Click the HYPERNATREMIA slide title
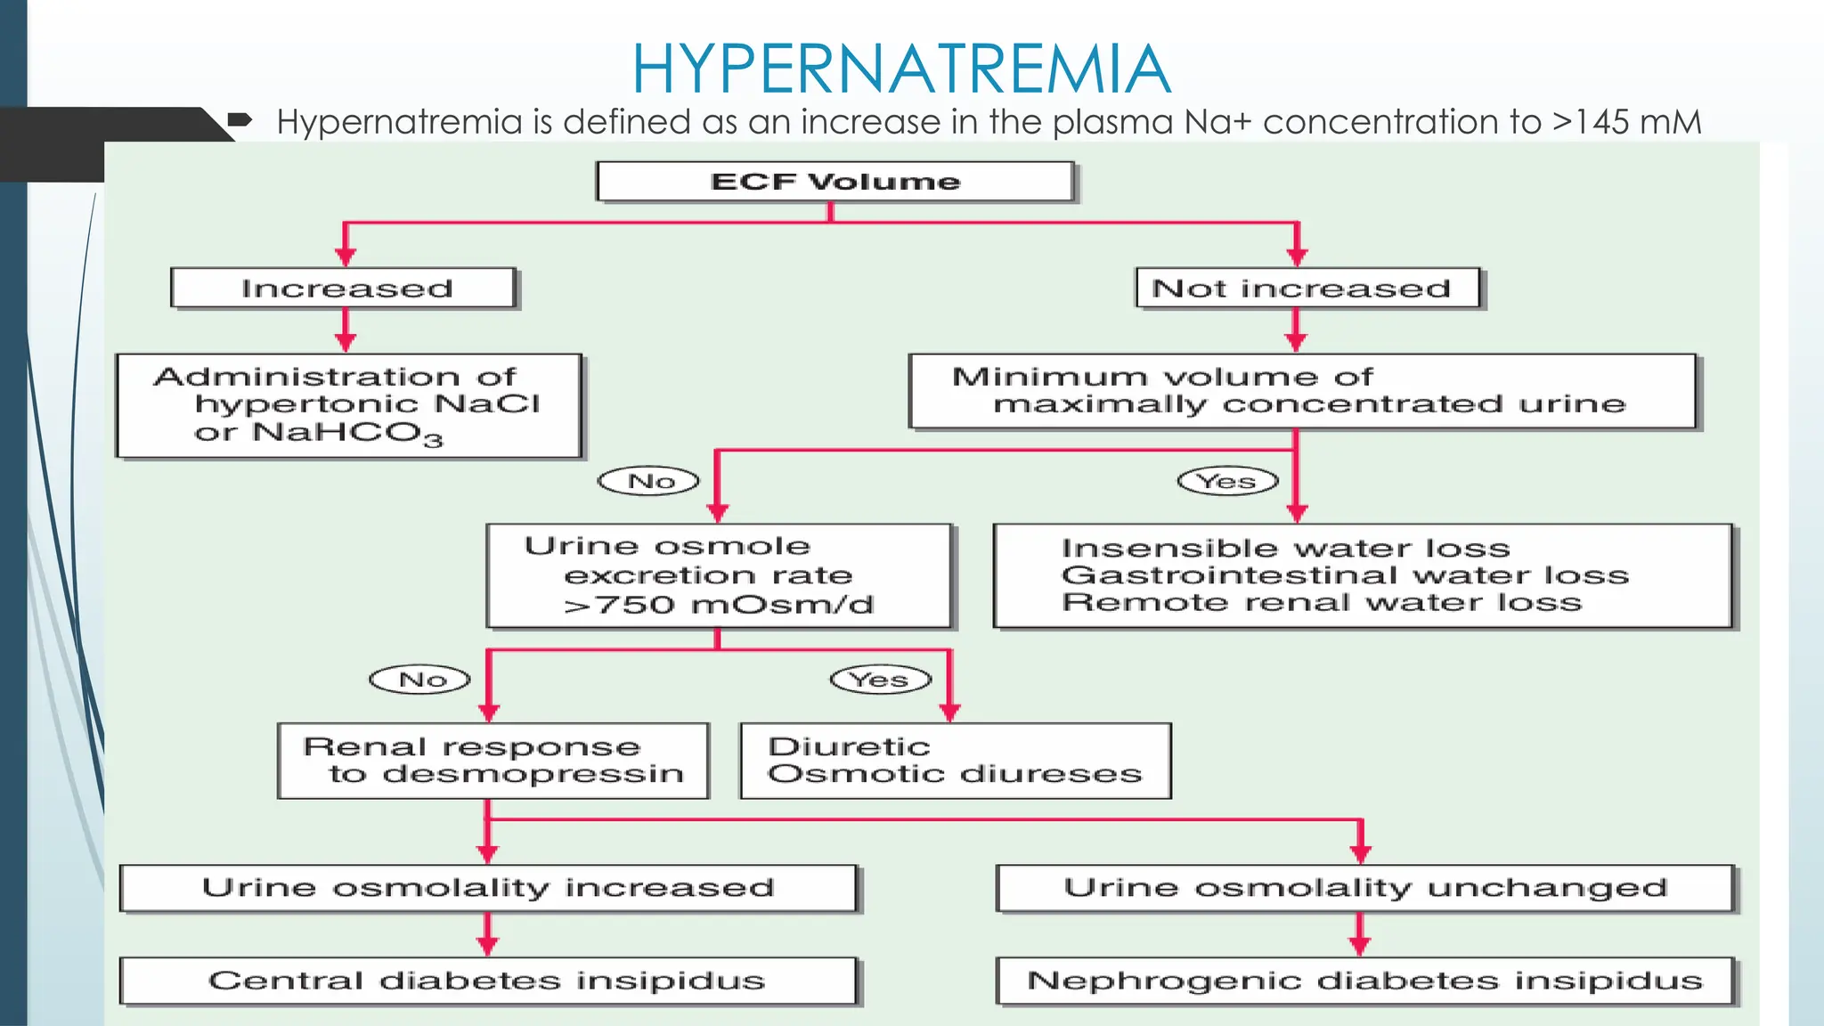(900, 69)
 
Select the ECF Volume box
(835, 182)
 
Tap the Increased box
(345, 289)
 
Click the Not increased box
(1307, 289)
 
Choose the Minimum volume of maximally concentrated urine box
(1302, 391)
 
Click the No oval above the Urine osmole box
(649, 482)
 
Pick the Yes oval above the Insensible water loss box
(1227, 482)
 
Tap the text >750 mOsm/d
(718, 605)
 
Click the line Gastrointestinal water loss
(1345, 575)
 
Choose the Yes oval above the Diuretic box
(880, 680)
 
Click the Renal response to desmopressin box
(493, 761)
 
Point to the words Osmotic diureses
(954, 774)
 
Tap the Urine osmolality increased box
(488, 888)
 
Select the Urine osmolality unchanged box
(1364, 888)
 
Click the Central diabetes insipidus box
(488, 981)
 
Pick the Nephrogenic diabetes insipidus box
(1364, 981)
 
